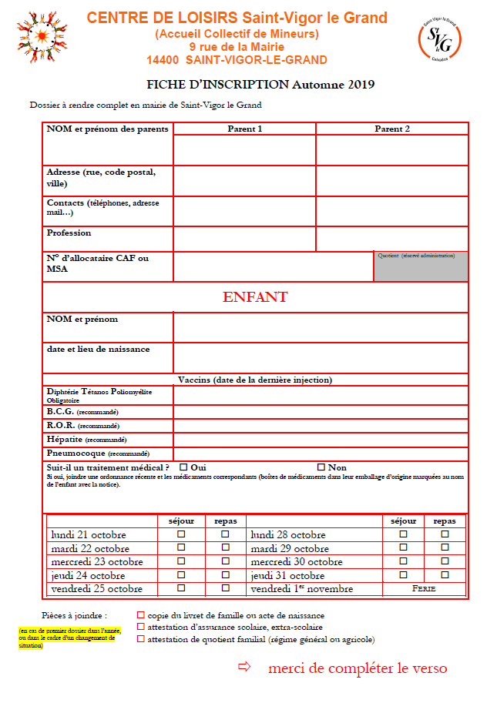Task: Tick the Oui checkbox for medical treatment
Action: (183, 467)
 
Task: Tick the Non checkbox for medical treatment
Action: (321, 467)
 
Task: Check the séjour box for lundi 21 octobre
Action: (182, 534)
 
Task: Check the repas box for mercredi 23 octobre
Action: (226, 561)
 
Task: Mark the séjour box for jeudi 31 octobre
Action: (403, 575)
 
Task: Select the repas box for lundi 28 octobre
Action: (445, 534)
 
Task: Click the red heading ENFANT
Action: (255, 297)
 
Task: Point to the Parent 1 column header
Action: (244, 129)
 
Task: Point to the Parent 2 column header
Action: (391, 129)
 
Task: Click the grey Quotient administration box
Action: (421, 266)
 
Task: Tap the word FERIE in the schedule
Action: (424, 589)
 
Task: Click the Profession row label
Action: (69, 233)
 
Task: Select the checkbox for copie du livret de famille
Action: (140, 615)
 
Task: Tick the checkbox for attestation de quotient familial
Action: (140, 638)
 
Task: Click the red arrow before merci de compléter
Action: (245, 667)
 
